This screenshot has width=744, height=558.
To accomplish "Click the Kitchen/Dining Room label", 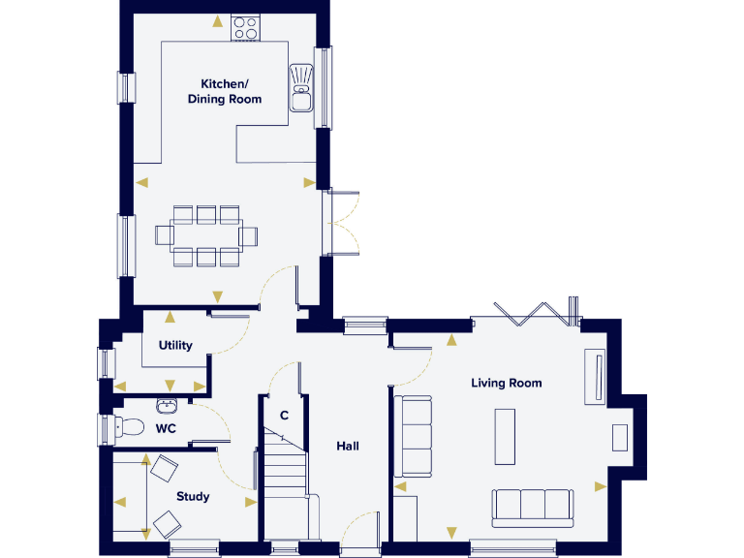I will (x=231, y=91).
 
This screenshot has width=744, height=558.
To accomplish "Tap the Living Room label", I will (x=506, y=383).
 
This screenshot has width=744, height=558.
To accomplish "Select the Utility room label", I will (x=176, y=345).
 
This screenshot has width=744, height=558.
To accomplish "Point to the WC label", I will (x=166, y=427).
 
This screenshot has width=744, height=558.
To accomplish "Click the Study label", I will (x=193, y=497).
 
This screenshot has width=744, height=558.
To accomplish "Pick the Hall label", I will (x=348, y=446).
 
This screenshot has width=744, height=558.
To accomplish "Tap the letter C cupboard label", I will (x=284, y=416).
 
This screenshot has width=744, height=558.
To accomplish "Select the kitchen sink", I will (x=301, y=88).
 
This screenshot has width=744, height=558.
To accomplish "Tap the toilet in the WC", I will (x=128, y=426).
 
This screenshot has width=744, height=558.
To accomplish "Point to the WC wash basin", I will (x=166, y=405).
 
